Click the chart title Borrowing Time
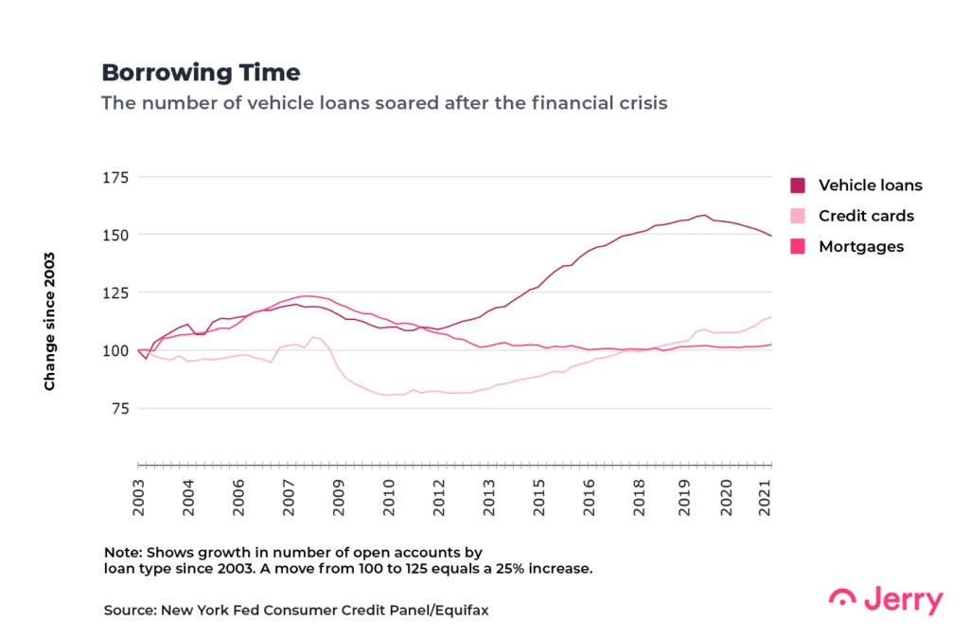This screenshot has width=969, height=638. pos(201,73)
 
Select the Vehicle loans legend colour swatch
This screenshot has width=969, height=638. pos(798,186)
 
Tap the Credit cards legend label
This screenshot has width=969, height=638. pos(866,216)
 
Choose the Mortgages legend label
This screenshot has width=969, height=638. pos(861,246)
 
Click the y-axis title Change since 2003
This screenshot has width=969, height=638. pos(49,321)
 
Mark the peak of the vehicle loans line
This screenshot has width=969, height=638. pos(704,215)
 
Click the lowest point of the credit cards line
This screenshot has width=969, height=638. pos(388,395)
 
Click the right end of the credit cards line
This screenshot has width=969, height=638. pos(771,317)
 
